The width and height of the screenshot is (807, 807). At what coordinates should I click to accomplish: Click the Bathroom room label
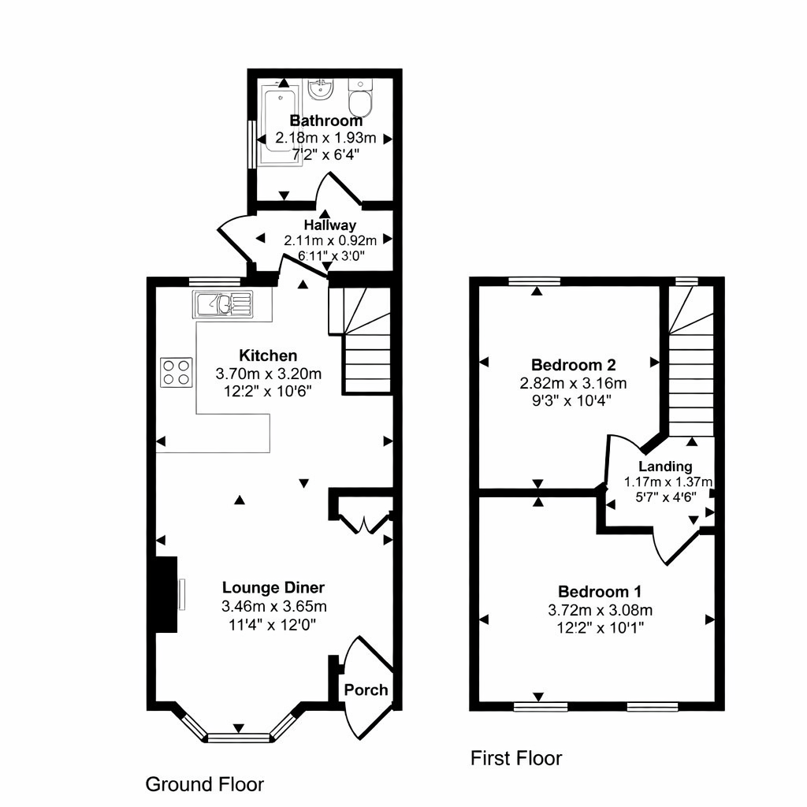click(x=325, y=121)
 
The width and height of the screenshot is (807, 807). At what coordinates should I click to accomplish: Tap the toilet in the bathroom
click(x=360, y=97)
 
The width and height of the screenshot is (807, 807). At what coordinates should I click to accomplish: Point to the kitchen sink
click(x=223, y=304)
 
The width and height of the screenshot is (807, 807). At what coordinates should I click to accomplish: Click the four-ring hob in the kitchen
click(x=176, y=372)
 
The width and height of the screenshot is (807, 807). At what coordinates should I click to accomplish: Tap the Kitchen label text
click(x=268, y=355)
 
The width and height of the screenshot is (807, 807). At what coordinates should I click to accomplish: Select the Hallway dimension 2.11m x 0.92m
click(x=330, y=240)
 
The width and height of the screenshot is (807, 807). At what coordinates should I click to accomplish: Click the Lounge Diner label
click(x=273, y=588)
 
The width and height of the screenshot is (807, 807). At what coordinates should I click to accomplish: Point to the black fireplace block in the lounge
click(x=165, y=594)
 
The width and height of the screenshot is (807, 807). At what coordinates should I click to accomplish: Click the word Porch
click(x=366, y=690)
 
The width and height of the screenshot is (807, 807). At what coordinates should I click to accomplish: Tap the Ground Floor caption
click(x=204, y=784)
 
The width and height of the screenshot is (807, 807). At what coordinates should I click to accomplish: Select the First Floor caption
click(x=516, y=758)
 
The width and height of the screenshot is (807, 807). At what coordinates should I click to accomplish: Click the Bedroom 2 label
click(x=574, y=365)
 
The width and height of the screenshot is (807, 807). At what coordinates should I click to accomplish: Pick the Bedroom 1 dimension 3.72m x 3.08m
click(x=600, y=611)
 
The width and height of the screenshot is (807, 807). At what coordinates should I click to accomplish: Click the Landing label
click(x=665, y=467)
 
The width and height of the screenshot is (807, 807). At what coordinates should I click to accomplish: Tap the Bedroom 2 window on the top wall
click(x=534, y=281)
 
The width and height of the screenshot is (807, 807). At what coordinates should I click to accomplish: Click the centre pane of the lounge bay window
click(x=239, y=738)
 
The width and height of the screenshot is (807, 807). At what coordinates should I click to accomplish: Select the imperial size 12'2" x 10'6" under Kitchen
click(x=268, y=392)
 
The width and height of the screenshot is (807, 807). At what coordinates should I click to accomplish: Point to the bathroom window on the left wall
click(x=252, y=144)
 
